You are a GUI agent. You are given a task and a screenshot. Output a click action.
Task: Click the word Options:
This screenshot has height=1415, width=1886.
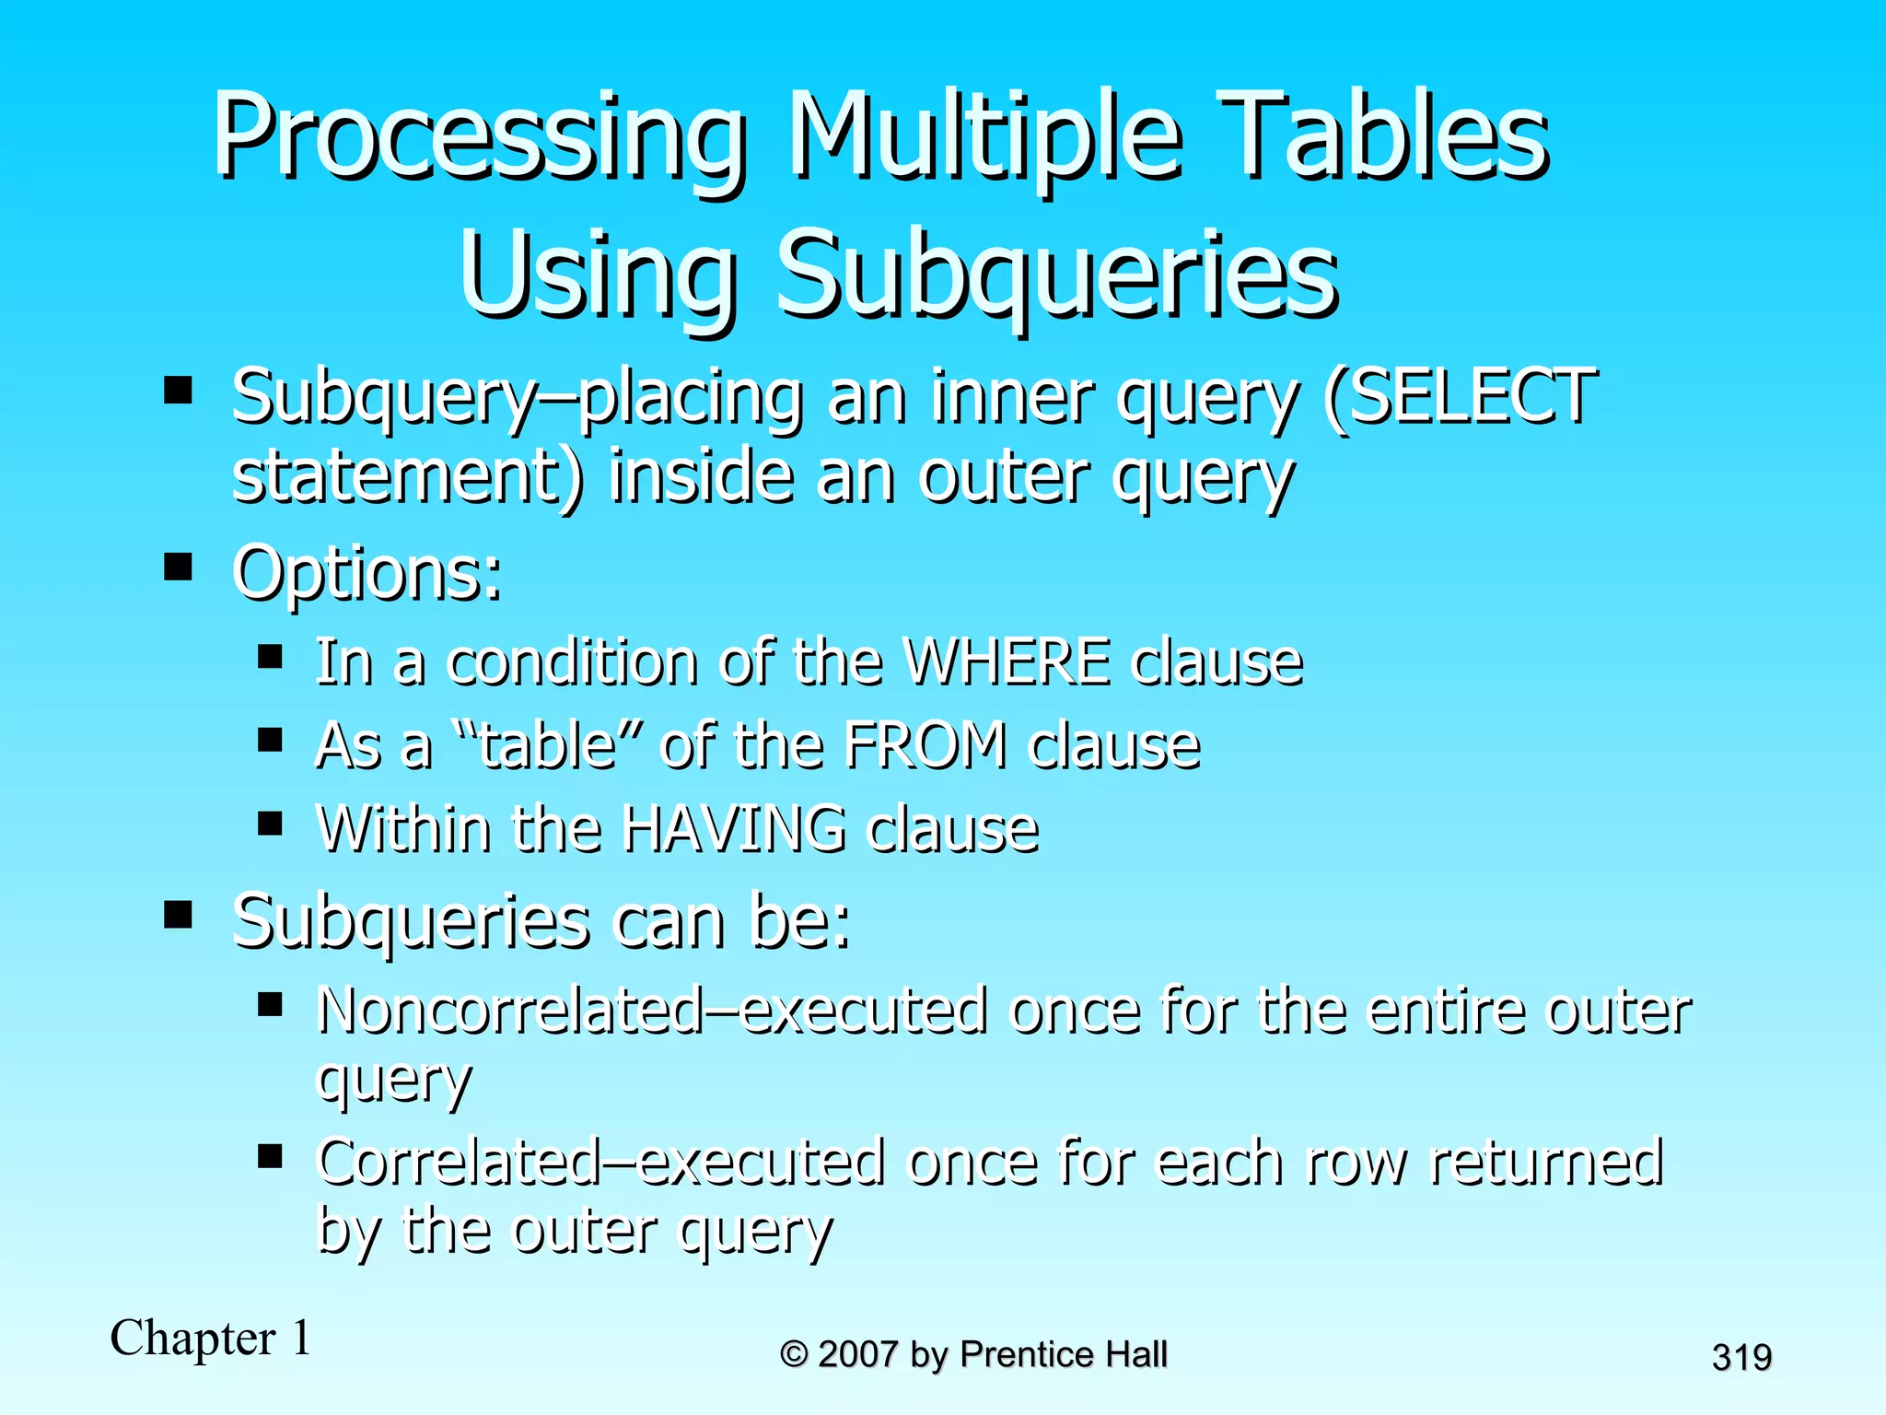click(x=367, y=573)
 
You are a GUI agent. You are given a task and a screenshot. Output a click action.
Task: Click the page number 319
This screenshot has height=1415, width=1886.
click(x=1741, y=1357)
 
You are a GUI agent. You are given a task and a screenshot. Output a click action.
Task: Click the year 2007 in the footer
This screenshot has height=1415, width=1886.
click(x=857, y=1354)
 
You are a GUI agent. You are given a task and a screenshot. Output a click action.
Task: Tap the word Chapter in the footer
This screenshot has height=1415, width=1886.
click(x=192, y=1338)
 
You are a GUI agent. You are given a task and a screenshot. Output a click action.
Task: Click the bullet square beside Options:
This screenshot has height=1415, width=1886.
click(x=178, y=567)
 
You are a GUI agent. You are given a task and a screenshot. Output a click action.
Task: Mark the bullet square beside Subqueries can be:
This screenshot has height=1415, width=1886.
click(x=178, y=916)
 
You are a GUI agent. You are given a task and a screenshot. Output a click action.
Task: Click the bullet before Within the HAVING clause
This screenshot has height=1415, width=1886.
click(x=270, y=823)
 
